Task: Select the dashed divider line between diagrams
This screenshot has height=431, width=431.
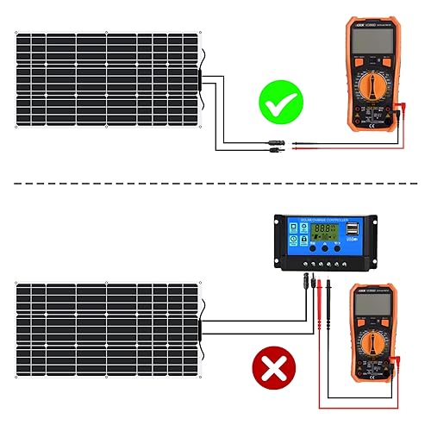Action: tap(215, 183)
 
